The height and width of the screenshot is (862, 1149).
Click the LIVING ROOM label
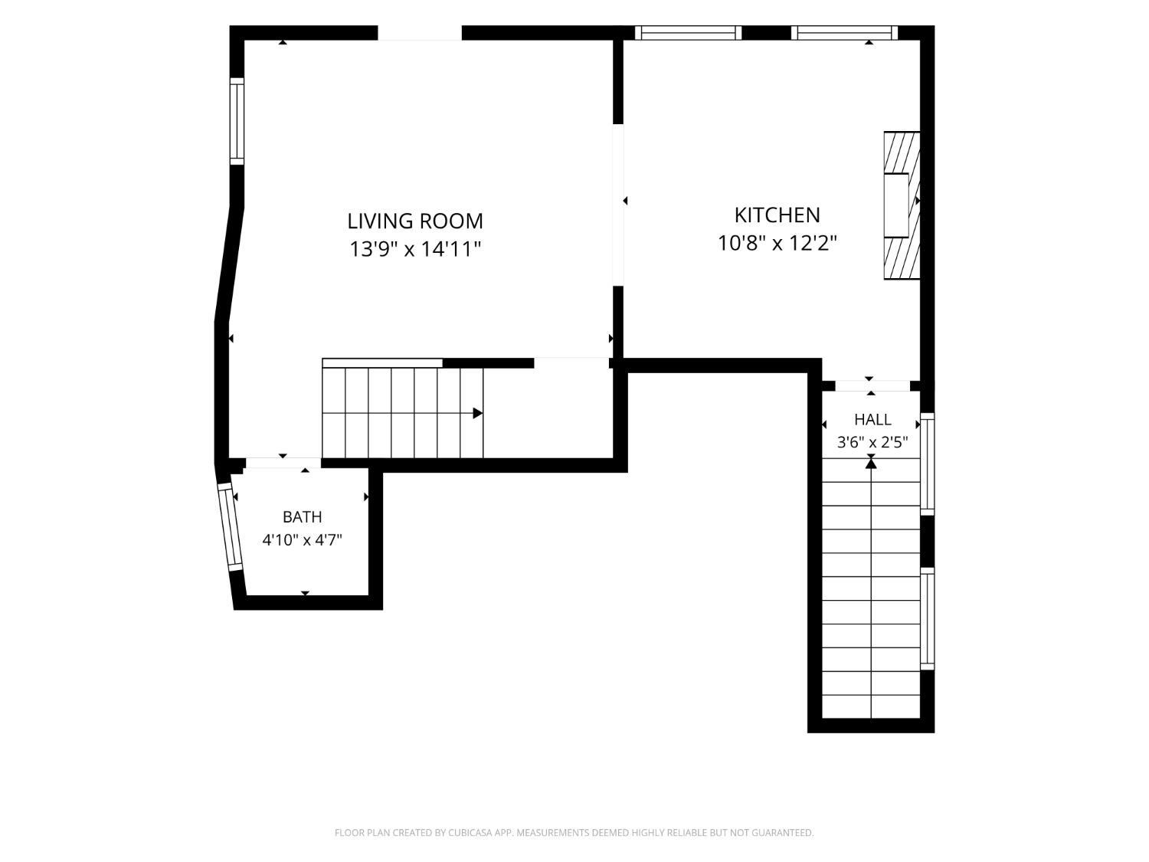point(414,221)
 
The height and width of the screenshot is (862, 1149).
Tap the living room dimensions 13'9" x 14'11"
point(414,249)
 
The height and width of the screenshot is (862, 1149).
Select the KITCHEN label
point(777,215)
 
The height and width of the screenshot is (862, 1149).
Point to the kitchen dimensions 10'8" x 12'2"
point(777,243)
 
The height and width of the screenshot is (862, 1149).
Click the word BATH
point(302,516)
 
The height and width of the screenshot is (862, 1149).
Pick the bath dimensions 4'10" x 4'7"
point(302,539)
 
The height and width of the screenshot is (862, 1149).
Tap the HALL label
point(872,419)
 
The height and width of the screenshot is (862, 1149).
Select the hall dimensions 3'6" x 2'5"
point(872,443)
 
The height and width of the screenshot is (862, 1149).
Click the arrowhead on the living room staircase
point(477,414)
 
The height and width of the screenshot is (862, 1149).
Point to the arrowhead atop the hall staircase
point(871,463)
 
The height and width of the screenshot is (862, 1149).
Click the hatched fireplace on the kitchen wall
point(902,205)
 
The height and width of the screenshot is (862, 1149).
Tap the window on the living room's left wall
point(237,121)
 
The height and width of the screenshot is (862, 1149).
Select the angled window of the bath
point(231,527)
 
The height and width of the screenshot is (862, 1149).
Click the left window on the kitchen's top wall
point(689,33)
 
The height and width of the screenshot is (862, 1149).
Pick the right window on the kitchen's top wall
point(844,33)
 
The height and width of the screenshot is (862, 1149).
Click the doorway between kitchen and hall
point(872,385)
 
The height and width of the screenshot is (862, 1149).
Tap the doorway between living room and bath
point(283,463)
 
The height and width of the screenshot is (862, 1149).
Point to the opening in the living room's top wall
point(420,33)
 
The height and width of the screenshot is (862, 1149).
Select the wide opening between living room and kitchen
point(618,205)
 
